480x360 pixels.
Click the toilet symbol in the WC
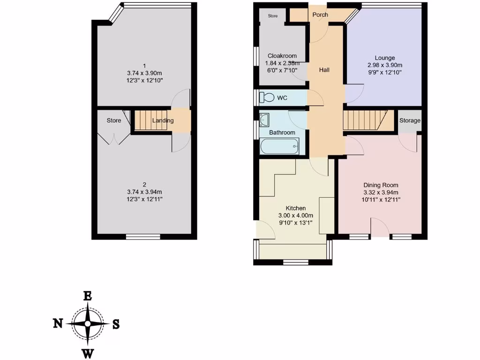point(268,97)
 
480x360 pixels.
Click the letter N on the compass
point(58,323)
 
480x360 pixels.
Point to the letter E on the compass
point(87,295)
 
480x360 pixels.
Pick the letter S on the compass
point(116,324)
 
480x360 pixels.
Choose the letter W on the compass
point(87,353)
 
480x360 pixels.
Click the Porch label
point(320,15)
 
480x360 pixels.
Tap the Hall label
point(324,70)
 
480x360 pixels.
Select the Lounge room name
point(384,58)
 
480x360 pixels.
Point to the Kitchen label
point(296,208)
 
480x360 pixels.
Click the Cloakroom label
point(282,56)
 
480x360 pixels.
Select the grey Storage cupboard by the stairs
point(410,120)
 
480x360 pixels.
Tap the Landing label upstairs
point(163,120)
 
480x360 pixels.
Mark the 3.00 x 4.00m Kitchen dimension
point(296,216)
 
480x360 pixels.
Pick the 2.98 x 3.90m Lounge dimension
point(384,65)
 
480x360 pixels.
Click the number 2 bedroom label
point(144,184)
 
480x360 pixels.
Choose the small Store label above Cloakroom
point(273,16)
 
